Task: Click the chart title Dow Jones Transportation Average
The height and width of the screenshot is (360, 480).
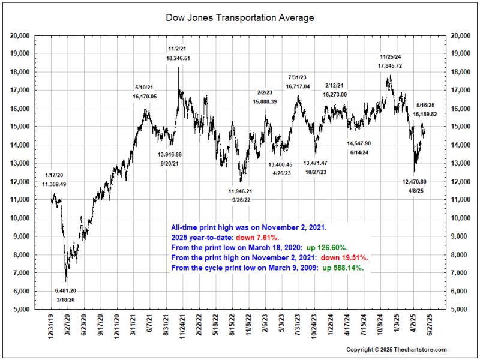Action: coord(239,18)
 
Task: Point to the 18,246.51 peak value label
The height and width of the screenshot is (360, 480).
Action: coord(178,58)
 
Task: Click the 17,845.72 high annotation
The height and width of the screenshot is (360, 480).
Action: coord(390,65)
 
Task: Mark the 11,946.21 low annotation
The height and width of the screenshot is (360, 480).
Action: coord(241,191)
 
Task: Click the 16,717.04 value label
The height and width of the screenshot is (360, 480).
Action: coord(298,86)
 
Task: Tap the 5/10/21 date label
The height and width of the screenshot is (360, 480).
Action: coord(145,88)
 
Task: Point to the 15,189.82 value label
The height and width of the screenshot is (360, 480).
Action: coord(426,114)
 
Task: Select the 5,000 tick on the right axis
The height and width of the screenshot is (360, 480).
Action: coord(459,310)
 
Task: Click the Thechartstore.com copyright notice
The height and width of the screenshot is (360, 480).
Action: coord(396,349)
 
